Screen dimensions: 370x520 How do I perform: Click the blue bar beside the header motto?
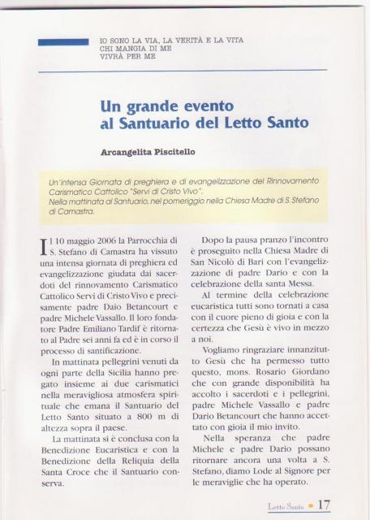62,41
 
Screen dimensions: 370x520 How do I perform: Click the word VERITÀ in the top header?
183,41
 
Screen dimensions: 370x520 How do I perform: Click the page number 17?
323,505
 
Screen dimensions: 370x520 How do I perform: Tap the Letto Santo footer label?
286,507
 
